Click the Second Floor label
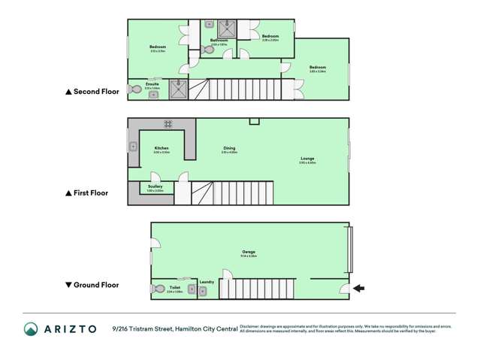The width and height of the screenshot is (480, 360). (x=92, y=92)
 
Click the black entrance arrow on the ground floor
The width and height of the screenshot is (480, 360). (x=359, y=288)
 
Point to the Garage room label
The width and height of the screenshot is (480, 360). (x=249, y=252)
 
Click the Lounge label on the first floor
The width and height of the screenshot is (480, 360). (x=307, y=159)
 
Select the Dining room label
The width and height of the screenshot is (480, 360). (x=229, y=148)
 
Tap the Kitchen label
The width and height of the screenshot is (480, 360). (x=162, y=148)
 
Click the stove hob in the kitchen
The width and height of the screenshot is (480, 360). (x=168, y=123)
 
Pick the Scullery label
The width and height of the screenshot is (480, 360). (x=155, y=186)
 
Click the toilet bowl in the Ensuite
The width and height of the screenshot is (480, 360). (x=135, y=89)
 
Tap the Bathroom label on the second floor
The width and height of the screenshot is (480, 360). (x=219, y=41)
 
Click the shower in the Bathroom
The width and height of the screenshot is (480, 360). (x=227, y=29)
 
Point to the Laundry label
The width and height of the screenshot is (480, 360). (x=207, y=282)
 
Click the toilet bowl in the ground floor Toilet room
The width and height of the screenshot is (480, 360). (x=158, y=289)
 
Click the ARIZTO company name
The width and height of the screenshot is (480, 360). (x=69, y=328)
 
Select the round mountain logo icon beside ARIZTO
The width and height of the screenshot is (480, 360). (x=31, y=328)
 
